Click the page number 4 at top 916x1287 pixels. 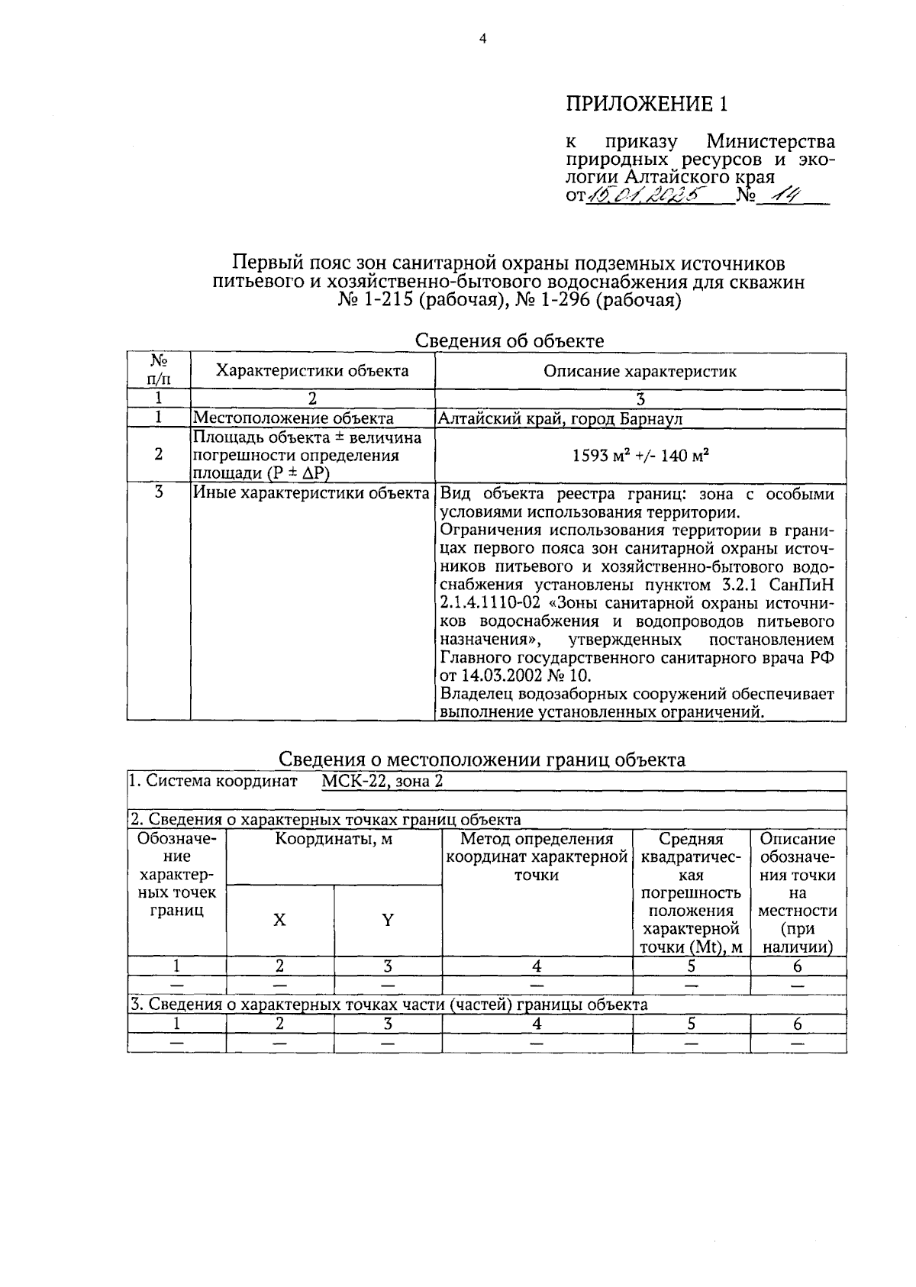pyautogui.click(x=482, y=40)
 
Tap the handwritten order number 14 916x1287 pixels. pyautogui.click(x=782, y=196)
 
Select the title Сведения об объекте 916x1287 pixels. pyautogui.click(x=509, y=341)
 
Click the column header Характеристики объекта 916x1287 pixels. pyautogui.click(x=312, y=371)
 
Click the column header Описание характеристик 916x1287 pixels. pyautogui.click(x=640, y=372)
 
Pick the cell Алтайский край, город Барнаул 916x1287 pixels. pyautogui.click(x=560, y=418)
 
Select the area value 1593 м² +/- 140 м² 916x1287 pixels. pyautogui.click(x=640, y=456)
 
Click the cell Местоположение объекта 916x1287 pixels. pyautogui.click(x=293, y=418)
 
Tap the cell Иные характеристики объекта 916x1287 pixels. pyautogui.click(x=311, y=493)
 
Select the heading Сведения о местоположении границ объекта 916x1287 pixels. pyautogui.click(x=481, y=759)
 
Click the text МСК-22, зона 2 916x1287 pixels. pyautogui.click(x=382, y=781)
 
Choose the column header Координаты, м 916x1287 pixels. pyautogui.click(x=334, y=840)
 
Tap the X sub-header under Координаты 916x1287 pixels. pyautogui.click(x=279, y=921)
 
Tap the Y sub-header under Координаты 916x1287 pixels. pyautogui.click(x=388, y=921)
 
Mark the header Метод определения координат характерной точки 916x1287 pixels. pyautogui.click(x=537, y=857)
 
